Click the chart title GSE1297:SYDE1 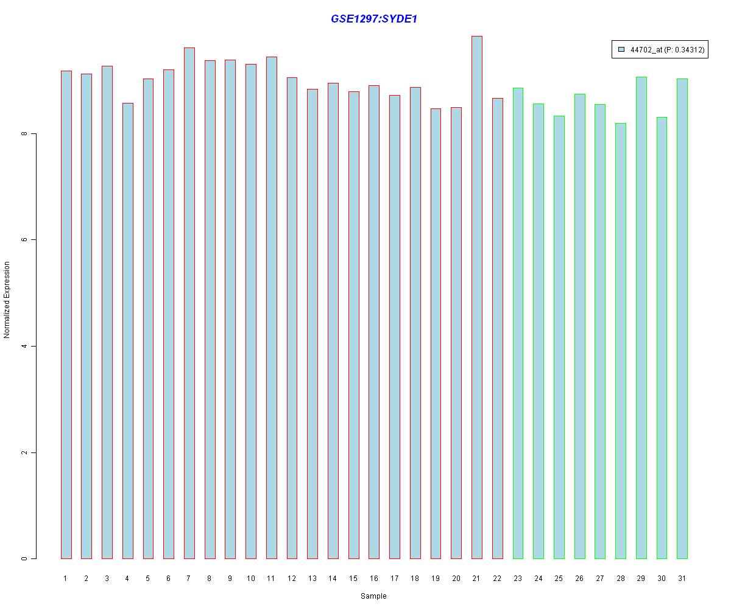click(x=373, y=19)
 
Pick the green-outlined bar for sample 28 click(x=620, y=341)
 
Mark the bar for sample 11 click(x=271, y=308)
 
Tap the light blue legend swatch click(x=621, y=50)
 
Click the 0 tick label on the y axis click(x=24, y=558)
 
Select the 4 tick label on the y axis click(x=24, y=346)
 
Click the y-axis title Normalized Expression click(x=7, y=300)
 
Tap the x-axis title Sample click(x=373, y=596)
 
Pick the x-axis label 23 click(x=518, y=578)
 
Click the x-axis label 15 click(x=353, y=578)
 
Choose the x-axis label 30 click(x=662, y=578)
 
